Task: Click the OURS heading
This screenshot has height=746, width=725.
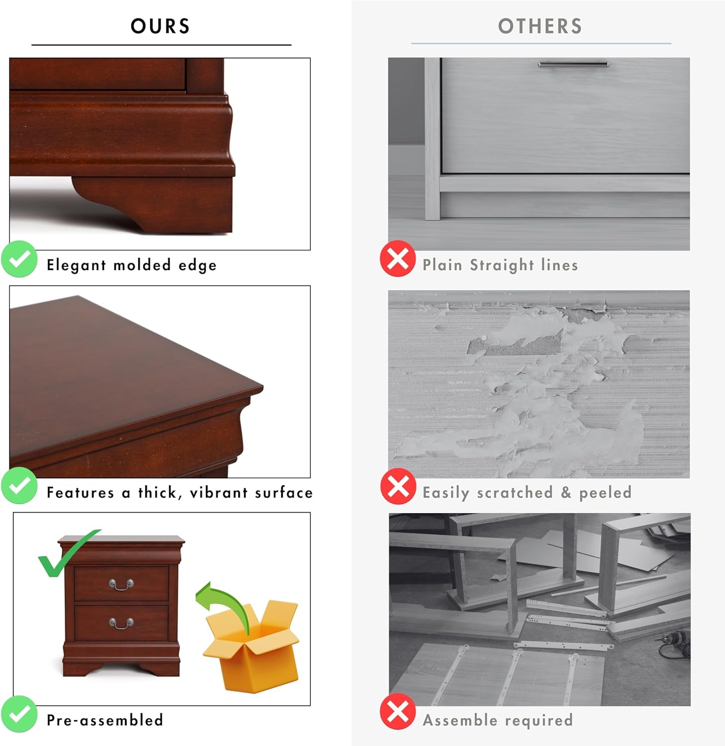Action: coord(160,26)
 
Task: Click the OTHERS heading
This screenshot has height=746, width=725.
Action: coord(540,26)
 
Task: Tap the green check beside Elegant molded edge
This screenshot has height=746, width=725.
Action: coord(19,259)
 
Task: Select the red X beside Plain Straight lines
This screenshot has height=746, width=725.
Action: coord(398,259)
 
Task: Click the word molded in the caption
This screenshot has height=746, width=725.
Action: coord(142,265)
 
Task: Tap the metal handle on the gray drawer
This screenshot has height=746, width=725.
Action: coord(573,64)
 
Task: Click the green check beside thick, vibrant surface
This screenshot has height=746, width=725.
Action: coord(19,485)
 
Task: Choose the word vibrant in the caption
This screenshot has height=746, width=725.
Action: coord(218,492)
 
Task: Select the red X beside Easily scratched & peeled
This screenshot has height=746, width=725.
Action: coord(398,486)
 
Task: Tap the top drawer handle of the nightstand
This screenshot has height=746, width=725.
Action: coord(121,584)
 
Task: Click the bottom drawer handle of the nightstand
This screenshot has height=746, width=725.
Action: coord(121,623)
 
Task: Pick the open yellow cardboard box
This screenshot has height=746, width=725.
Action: coord(252,647)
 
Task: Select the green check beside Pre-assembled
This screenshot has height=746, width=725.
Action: coord(19,714)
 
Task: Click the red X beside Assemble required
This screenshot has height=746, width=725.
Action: coord(398,712)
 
